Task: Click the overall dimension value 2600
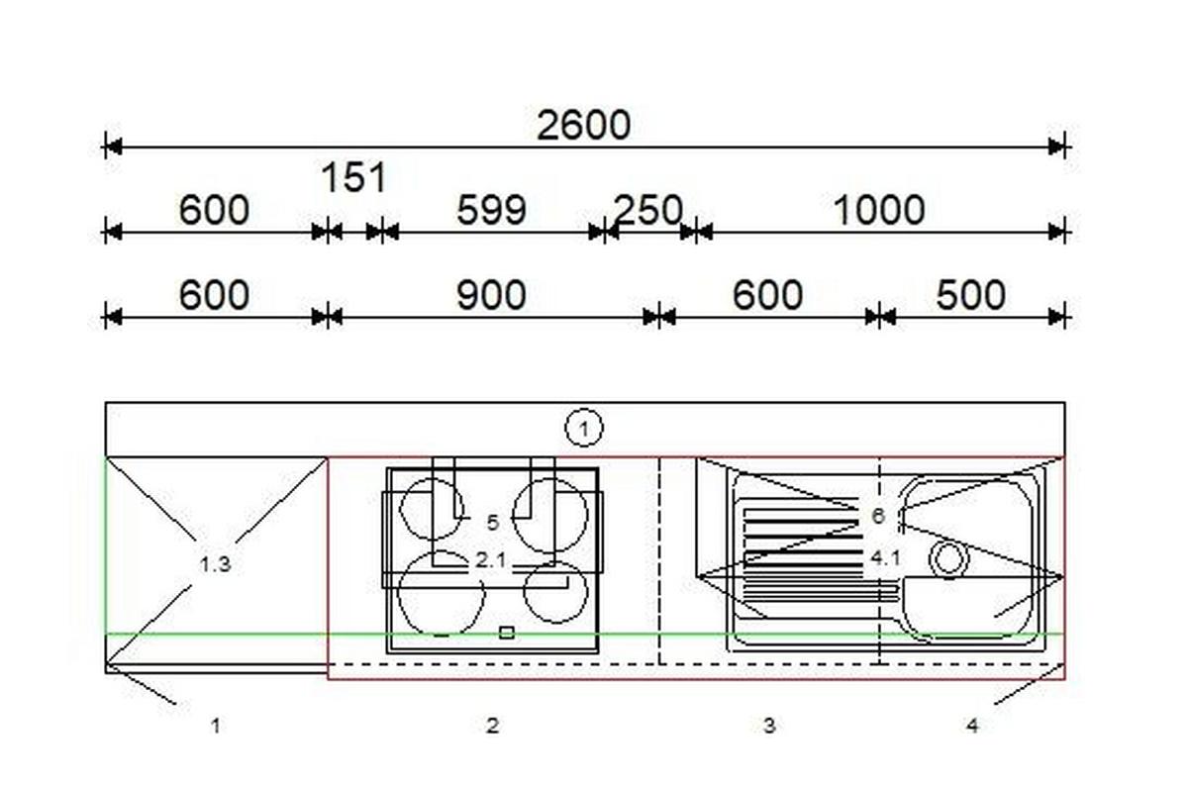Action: pyautogui.click(x=583, y=126)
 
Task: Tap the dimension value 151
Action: pyautogui.click(x=353, y=177)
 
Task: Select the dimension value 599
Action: pyautogui.click(x=491, y=210)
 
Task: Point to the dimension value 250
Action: pyautogui.click(x=648, y=210)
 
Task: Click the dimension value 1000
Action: pyautogui.click(x=879, y=210)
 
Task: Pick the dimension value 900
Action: pyautogui.click(x=491, y=295)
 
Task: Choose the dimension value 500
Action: pyautogui.click(x=970, y=295)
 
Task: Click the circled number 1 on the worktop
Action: pyautogui.click(x=584, y=428)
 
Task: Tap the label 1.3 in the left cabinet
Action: pyautogui.click(x=216, y=564)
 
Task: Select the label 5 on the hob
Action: pyautogui.click(x=493, y=523)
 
